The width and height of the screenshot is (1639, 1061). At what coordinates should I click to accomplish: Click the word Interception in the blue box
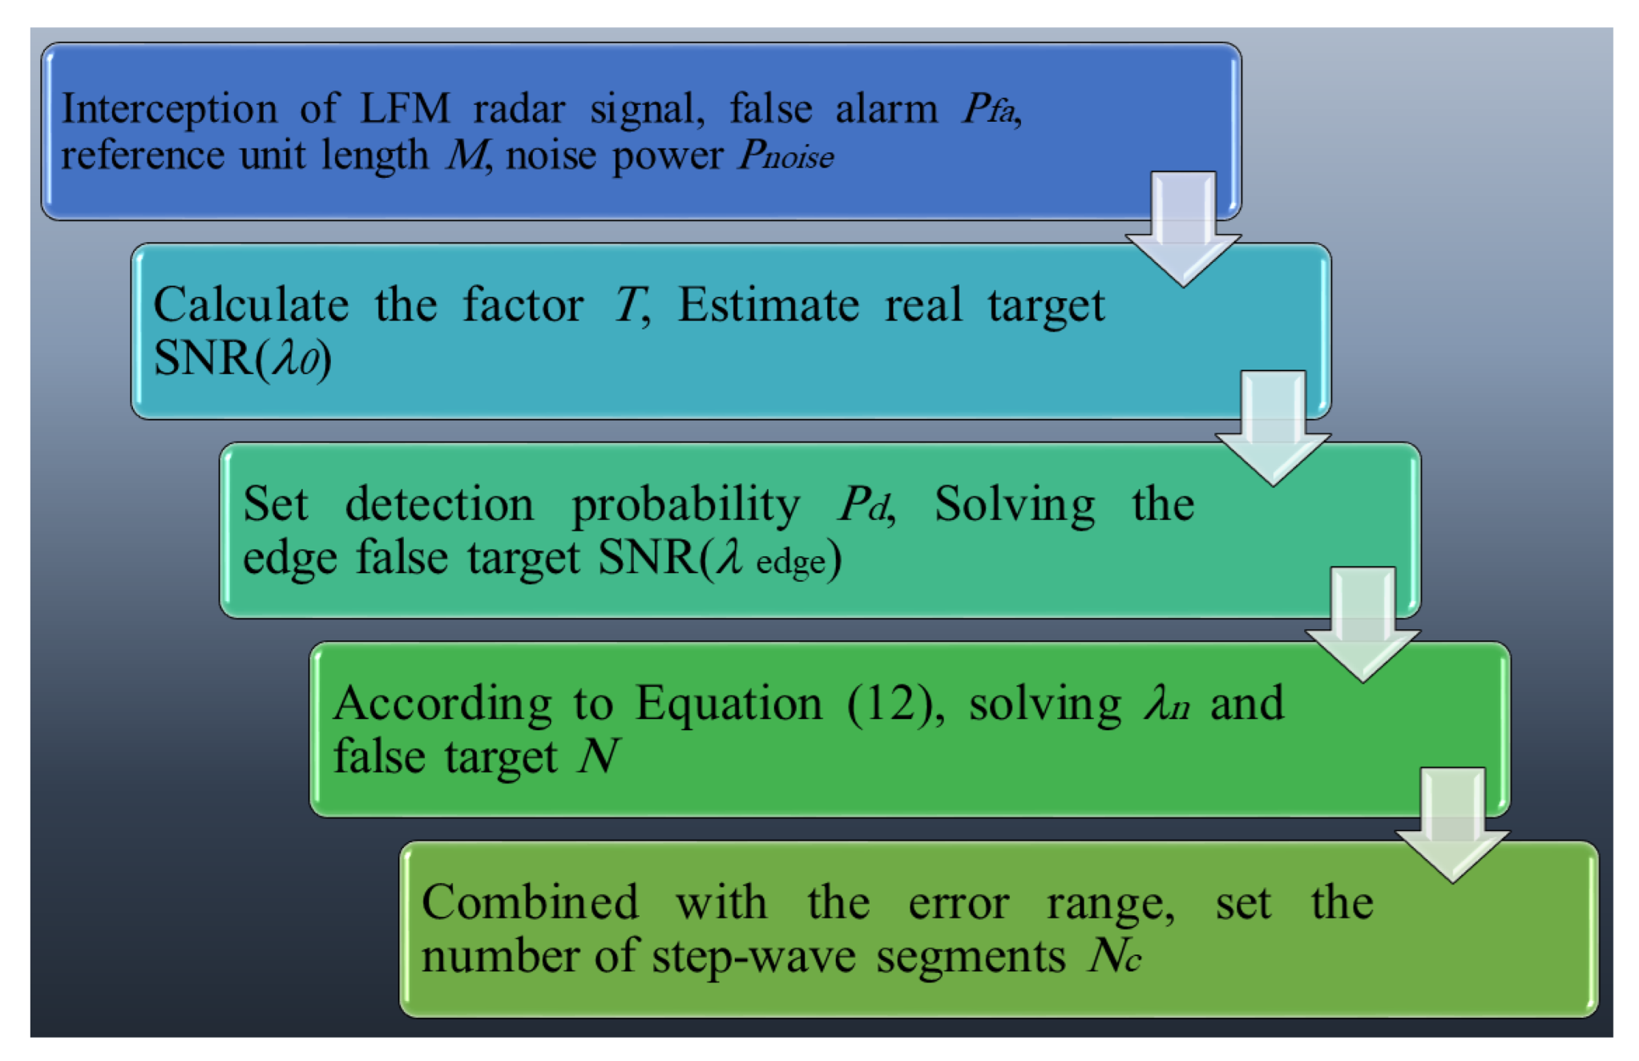click(169, 108)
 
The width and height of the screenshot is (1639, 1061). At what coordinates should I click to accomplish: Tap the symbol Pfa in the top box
click(990, 108)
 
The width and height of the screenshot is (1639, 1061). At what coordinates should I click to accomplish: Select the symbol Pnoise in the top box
click(785, 155)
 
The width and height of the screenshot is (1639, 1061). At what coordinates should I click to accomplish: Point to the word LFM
click(405, 108)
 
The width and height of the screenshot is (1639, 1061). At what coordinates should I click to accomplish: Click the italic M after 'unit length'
click(466, 155)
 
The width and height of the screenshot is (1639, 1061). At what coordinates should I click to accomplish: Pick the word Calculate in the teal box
click(251, 305)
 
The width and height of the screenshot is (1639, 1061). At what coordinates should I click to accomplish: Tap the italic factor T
click(629, 305)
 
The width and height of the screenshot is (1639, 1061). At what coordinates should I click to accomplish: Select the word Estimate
click(768, 305)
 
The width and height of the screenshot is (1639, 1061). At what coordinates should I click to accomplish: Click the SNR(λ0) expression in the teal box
click(242, 357)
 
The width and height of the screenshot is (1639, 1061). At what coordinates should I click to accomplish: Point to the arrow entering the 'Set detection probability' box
click(1273, 429)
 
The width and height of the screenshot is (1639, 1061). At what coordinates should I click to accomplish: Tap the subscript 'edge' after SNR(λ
click(790, 562)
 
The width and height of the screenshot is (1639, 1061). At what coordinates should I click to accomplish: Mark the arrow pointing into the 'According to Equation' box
click(1362, 626)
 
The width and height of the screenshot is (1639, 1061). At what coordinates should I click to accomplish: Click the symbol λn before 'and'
click(1167, 704)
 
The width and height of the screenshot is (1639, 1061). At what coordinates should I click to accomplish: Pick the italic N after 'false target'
click(598, 756)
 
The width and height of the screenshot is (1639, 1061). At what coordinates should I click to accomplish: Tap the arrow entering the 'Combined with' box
click(1452, 826)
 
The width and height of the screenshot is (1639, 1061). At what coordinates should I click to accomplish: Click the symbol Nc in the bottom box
click(1114, 955)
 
